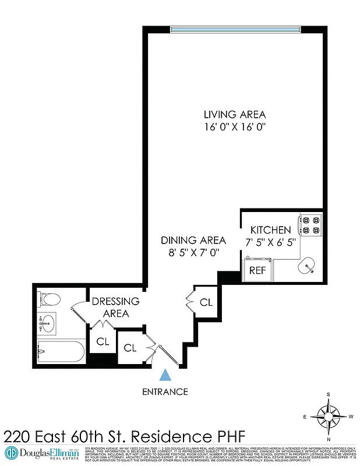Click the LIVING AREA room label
point(235,114)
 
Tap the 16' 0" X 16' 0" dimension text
point(235,126)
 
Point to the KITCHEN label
point(270,230)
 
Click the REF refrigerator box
point(257,270)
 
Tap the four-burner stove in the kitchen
point(310,226)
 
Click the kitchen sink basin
point(307,267)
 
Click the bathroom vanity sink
point(47,321)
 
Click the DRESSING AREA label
point(115,307)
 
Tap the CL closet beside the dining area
point(206,302)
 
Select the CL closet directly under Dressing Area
point(103,342)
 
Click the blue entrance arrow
point(165,376)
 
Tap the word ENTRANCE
point(165,392)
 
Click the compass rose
point(328,416)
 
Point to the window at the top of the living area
point(235,29)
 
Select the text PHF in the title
point(225,435)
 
